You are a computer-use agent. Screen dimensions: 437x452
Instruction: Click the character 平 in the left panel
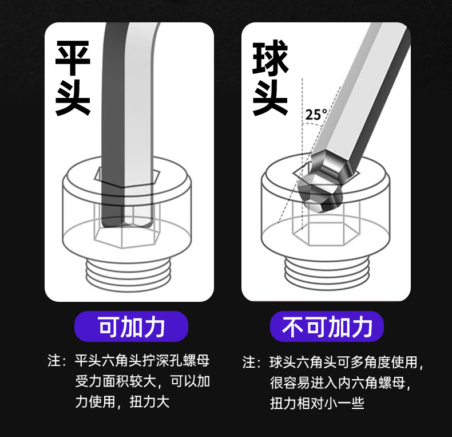[73, 58]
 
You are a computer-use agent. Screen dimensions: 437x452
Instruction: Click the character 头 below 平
[73, 98]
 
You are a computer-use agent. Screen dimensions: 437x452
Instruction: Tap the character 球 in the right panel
[270, 58]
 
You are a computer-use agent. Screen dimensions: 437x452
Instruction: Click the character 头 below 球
[270, 98]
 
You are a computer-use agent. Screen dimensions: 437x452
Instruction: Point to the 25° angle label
[316, 114]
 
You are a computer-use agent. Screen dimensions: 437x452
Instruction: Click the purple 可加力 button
[132, 326]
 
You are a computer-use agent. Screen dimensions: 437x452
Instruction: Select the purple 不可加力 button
[327, 326]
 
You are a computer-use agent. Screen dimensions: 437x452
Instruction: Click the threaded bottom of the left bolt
[129, 272]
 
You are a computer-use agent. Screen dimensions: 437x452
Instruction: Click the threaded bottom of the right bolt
[326, 272]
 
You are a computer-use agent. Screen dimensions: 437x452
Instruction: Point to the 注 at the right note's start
[249, 363]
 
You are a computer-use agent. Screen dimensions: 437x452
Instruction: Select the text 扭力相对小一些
[317, 403]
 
